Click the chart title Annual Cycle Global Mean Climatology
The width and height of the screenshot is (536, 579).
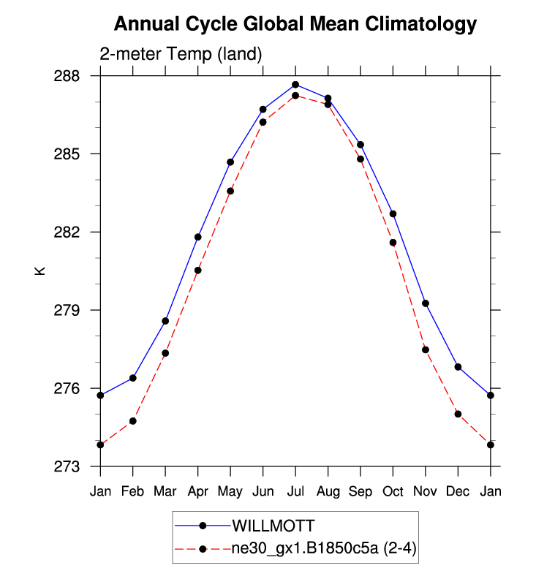tap(295, 24)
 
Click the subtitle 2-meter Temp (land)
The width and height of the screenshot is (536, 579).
tap(181, 54)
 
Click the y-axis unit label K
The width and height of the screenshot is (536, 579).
tap(41, 270)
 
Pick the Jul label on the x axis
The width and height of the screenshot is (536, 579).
tap(295, 491)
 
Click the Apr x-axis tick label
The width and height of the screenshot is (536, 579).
tap(197, 491)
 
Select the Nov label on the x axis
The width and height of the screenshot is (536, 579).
tap(425, 491)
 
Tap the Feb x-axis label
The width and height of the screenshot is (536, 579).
tap(133, 491)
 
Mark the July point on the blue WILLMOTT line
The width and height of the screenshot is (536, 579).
tap(295, 85)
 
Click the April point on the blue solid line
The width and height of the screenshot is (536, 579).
tap(197, 237)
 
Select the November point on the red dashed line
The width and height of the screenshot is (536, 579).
tap(425, 349)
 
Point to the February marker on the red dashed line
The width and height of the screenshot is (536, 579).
tap(133, 421)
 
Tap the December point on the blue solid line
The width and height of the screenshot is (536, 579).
tap(458, 367)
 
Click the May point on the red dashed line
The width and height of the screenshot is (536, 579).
tap(230, 191)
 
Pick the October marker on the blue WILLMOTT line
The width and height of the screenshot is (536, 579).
tap(393, 214)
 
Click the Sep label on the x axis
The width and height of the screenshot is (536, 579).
tap(361, 491)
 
